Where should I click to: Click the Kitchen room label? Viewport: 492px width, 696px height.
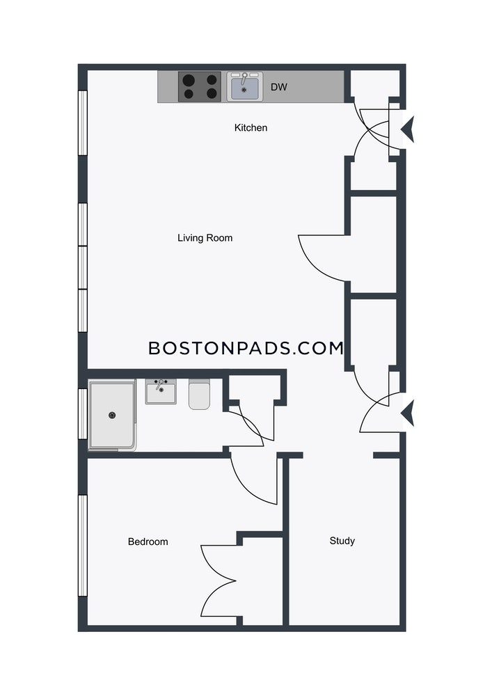tap(251, 128)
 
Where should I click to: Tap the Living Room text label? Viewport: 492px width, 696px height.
tap(205, 238)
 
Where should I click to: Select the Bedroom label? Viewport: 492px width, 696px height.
tap(148, 541)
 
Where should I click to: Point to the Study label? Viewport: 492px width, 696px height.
tap(342, 541)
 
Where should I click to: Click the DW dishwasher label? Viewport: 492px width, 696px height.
tap(279, 87)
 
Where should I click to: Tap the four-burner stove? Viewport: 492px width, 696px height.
tap(200, 87)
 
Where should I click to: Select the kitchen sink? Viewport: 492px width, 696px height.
tap(245, 86)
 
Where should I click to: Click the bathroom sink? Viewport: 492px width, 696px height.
tap(161, 391)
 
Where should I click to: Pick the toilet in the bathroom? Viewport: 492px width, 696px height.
tap(199, 394)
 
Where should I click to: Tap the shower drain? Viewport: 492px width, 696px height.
tap(112, 416)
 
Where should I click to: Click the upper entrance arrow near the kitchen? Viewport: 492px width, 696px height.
tap(408, 129)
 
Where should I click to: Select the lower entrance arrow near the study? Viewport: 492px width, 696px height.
tap(408, 413)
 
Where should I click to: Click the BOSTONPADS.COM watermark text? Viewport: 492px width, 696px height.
tap(246, 348)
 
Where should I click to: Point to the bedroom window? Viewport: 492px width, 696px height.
tap(83, 546)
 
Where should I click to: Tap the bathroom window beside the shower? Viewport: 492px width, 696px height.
tap(83, 413)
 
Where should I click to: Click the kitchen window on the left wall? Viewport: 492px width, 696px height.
tap(83, 123)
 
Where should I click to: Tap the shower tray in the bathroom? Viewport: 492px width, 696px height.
tap(112, 415)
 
